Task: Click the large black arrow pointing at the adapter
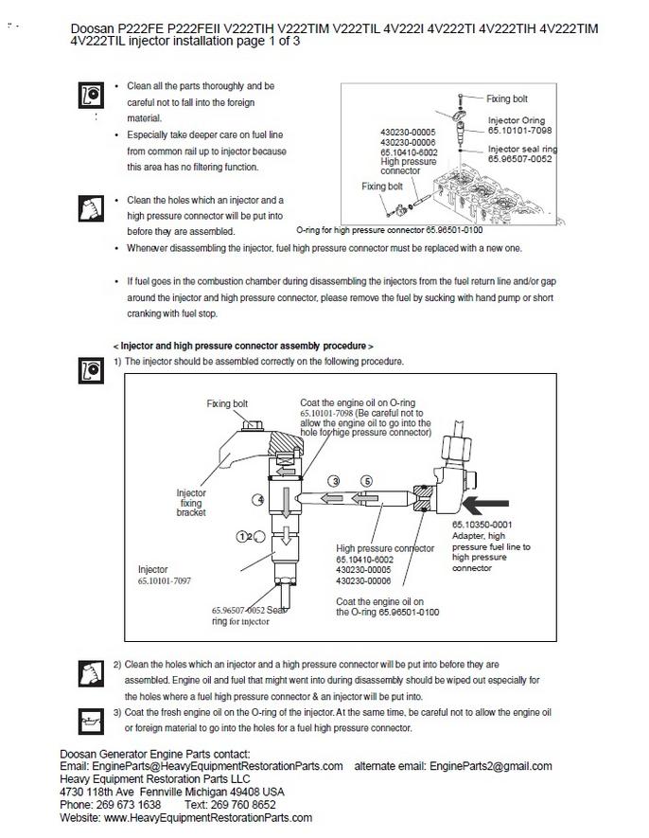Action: pyautogui.click(x=485, y=504)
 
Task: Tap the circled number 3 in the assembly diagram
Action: pyautogui.click(x=334, y=481)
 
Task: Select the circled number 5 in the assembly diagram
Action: pyautogui.click(x=366, y=481)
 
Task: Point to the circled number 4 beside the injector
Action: pyautogui.click(x=258, y=500)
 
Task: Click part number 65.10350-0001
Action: pyautogui.click(x=482, y=525)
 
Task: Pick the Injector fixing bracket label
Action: pyautogui.click(x=191, y=503)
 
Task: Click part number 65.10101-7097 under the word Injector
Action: pyautogui.click(x=164, y=580)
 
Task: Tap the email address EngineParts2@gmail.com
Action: pyautogui.click(x=490, y=766)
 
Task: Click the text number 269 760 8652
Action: pyautogui.click(x=243, y=804)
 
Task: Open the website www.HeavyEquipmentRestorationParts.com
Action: pyautogui.click(x=208, y=817)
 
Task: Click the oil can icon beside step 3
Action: pyautogui.click(x=91, y=721)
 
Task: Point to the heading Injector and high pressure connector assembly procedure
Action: pyautogui.click(x=243, y=346)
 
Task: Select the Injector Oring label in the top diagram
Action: pyautogui.click(x=517, y=120)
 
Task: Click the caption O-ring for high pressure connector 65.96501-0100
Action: pyautogui.click(x=390, y=230)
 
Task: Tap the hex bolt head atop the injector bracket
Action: pyautogui.click(x=252, y=425)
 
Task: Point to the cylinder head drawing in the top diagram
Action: pyautogui.click(x=491, y=195)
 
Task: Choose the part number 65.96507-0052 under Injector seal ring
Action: pyautogui.click(x=519, y=159)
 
